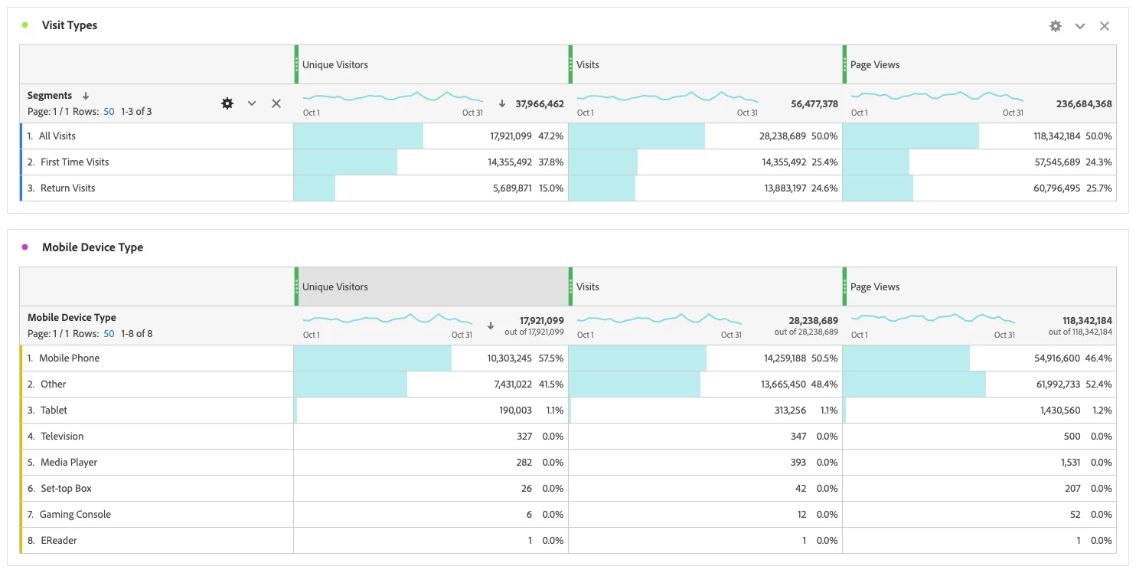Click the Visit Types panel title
70,25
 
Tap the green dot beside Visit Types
24,25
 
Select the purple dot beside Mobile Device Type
24,247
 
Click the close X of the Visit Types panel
1105,26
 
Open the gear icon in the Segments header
227,103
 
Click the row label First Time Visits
74,162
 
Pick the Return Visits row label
67,188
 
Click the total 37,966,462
540,103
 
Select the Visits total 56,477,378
814,103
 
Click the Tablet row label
54,411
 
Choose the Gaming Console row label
75,515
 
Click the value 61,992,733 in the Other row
1058,385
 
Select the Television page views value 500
1072,437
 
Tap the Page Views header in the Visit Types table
875,65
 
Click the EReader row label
58,541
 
